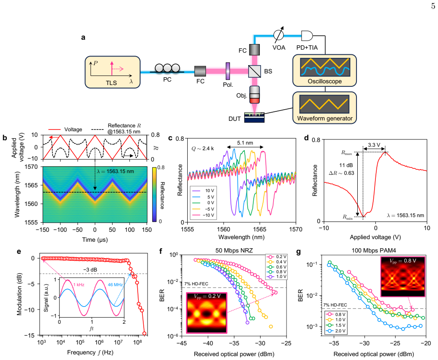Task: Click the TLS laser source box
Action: pyautogui.click(x=113, y=72)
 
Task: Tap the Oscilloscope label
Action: pyautogui.click(x=325, y=81)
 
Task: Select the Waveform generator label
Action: pyautogui.click(x=325, y=118)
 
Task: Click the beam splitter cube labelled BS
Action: pyautogui.click(x=255, y=71)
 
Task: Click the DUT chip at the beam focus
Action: pyautogui.click(x=254, y=117)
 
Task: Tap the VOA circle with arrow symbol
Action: pyautogui.click(x=278, y=35)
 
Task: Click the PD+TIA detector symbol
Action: pyautogui.click(x=307, y=35)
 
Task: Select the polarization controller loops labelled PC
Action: pyautogui.click(x=167, y=68)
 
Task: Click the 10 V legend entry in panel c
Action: pyautogui.click(x=203, y=191)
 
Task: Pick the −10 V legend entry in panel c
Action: pyautogui.click(x=203, y=215)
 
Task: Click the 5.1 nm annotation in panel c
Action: pyautogui.click(x=245, y=143)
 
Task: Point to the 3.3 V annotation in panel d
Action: pyautogui.click(x=374, y=145)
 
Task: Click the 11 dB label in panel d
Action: pyautogui.click(x=346, y=165)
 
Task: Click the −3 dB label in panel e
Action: pyautogui.click(x=90, y=270)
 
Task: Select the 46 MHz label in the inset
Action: pyautogui.click(x=115, y=284)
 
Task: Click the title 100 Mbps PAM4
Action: pyautogui.click(x=374, y=250)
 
